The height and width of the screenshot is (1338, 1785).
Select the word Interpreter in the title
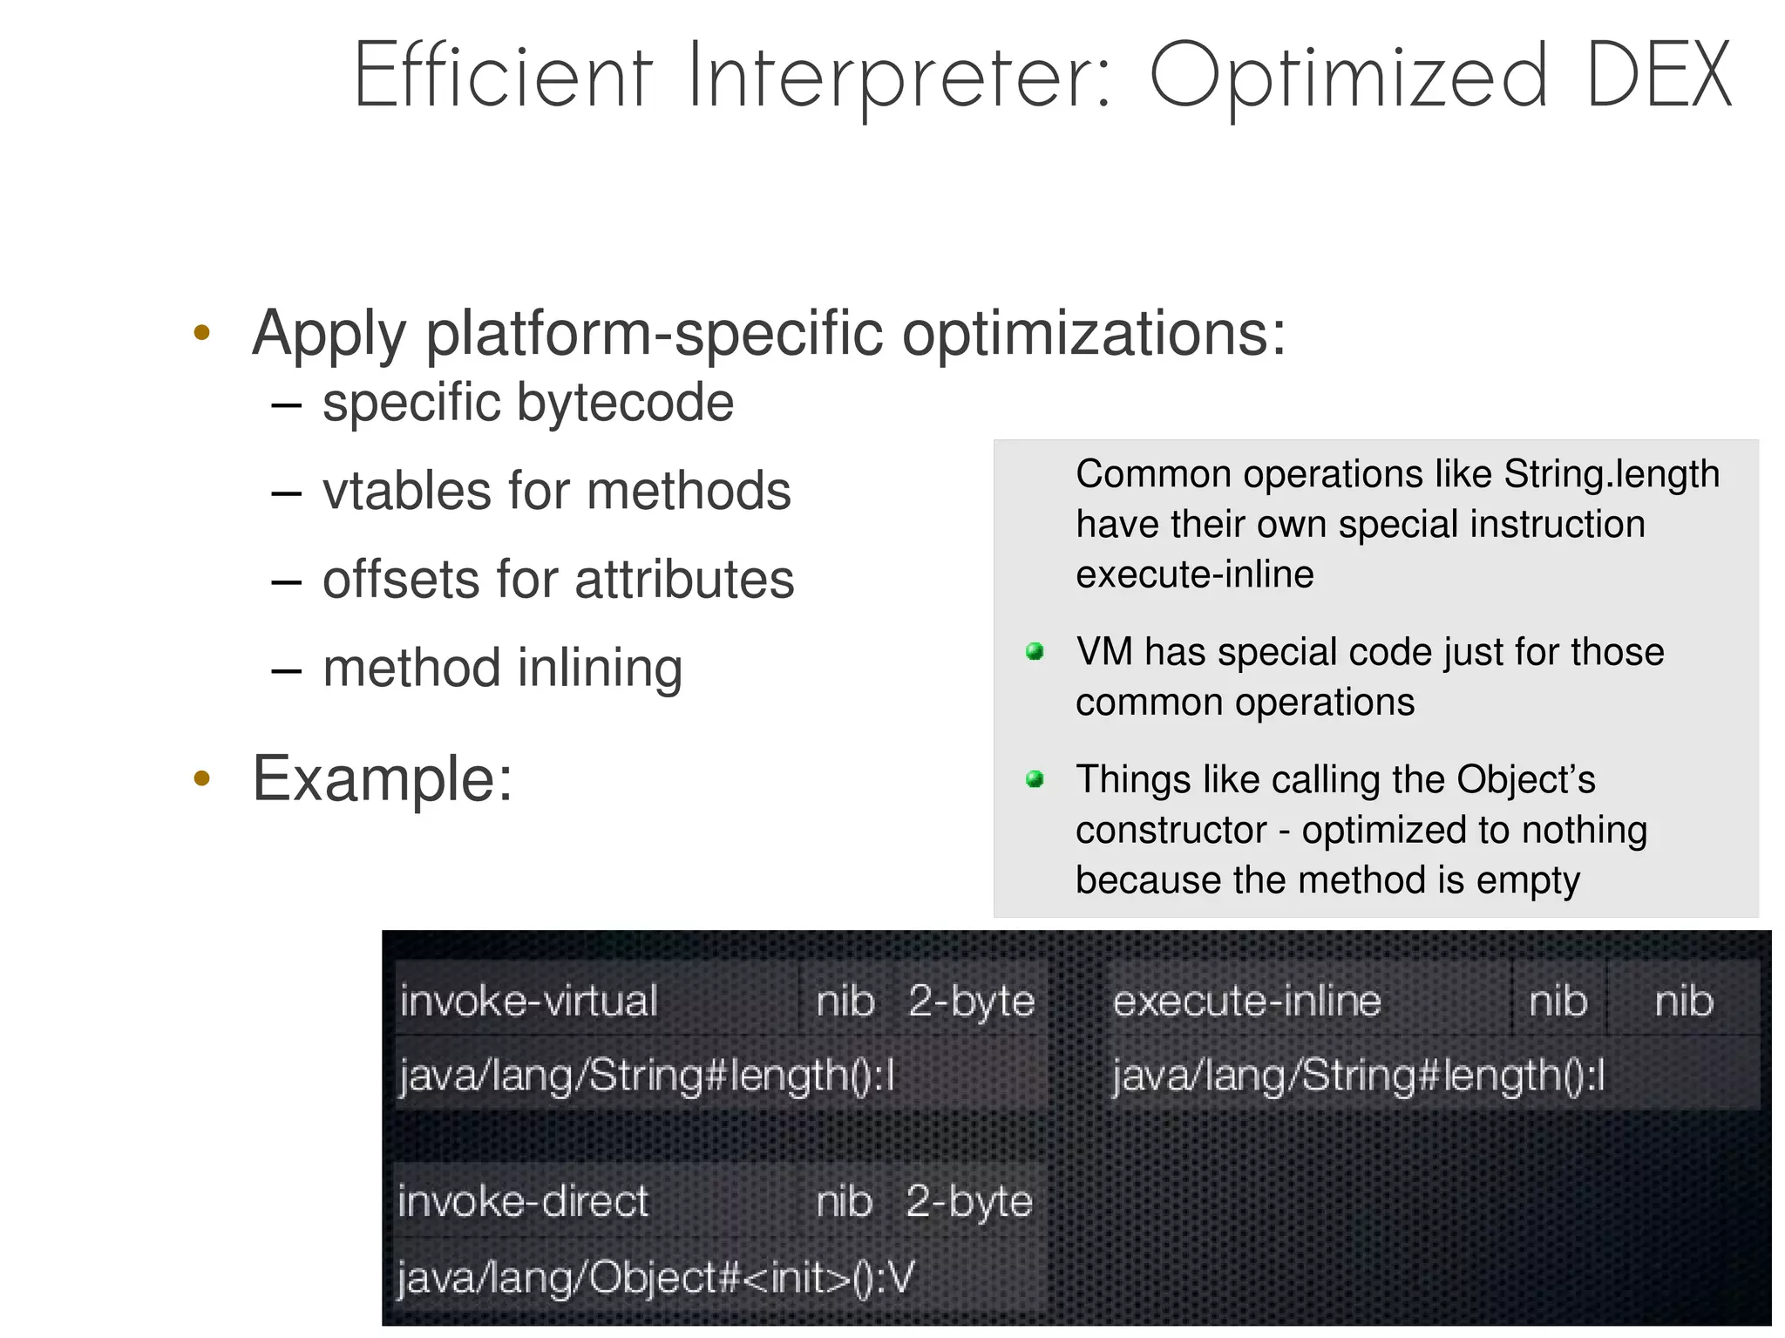tap(899, 78)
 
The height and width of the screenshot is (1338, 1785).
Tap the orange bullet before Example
tap(202, 778)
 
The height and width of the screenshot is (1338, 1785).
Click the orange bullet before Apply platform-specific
tap(202, 333)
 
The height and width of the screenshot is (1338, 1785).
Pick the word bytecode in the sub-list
tap(625, 403)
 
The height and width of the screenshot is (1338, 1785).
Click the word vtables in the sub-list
tap(406, 491)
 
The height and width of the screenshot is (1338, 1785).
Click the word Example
tap(382, 778)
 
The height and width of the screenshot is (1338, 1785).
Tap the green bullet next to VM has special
tap(1035, 651)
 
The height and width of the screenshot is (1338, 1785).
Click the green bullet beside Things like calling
tap(1035, 778)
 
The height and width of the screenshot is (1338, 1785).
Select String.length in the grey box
tap(1611, 474)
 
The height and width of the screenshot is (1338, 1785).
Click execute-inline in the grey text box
tap(1194, 574)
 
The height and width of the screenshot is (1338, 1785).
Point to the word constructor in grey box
tap(1171, 830)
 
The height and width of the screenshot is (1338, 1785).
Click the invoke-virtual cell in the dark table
tap(528, 1001)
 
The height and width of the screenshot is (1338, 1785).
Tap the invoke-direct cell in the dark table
tap(523, 1201)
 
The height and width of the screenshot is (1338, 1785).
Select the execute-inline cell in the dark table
tap(1246, 1001)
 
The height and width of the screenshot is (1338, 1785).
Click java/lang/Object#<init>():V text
tap(655, 1278)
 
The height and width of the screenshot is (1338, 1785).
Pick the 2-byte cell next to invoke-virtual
tap(971, 1001)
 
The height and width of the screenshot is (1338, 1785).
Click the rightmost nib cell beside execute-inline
tap(1683, 1001)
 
